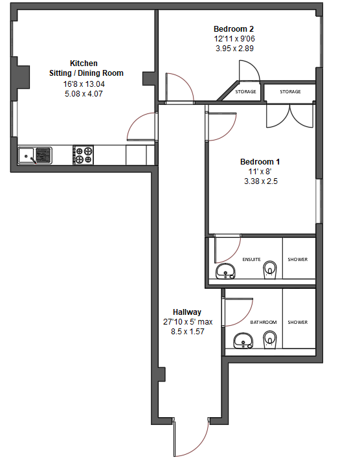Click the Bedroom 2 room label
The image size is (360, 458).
click(234, 29)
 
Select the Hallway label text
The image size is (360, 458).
click(187, 312)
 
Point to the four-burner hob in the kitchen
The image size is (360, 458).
click(84, 155)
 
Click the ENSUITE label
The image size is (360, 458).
click(251, 260)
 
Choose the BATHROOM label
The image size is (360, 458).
click(264, 322)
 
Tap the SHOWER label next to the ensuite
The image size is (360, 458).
click(298, 260)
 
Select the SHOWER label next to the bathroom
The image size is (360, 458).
click(298, 322)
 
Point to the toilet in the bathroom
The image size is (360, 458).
click(271, 338)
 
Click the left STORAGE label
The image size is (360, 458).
click(245, 92)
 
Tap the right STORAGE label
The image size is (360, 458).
click(290, 92)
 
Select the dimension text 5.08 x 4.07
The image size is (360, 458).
click(84, 94)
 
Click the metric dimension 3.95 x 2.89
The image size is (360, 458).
click(234, 49)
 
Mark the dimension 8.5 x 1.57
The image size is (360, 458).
click(187, 331)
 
